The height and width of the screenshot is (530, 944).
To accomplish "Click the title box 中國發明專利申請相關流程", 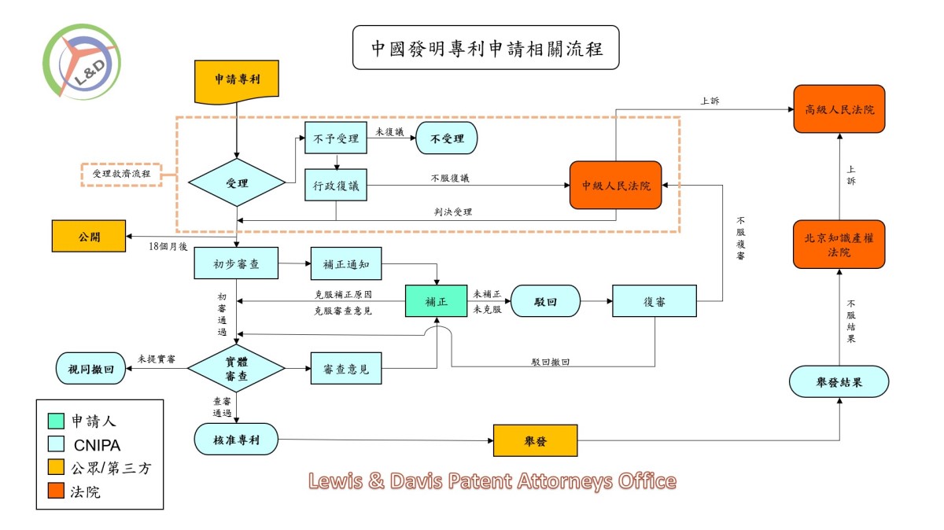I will pos(485,47).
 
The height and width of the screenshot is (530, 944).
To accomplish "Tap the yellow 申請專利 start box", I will pos(237,81).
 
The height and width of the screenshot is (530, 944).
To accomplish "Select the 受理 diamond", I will pos(236,183).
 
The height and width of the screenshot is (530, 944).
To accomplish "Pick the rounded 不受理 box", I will pos(446,138).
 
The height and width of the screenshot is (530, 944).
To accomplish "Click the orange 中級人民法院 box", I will pos(616,186).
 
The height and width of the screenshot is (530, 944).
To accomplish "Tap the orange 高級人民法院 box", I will pos(839,109).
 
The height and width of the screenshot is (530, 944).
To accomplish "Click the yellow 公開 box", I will pos(88,236).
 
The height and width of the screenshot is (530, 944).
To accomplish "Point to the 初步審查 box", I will pos(237,264).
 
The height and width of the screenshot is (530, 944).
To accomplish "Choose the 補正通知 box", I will pos(346,264).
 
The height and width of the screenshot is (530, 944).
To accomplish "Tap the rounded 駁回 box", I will pos(545,301).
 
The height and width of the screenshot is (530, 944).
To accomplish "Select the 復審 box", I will pos(655,301).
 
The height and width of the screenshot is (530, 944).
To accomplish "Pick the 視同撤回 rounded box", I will pos(90,368).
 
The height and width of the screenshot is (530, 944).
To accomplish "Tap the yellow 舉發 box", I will pos(535,441).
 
